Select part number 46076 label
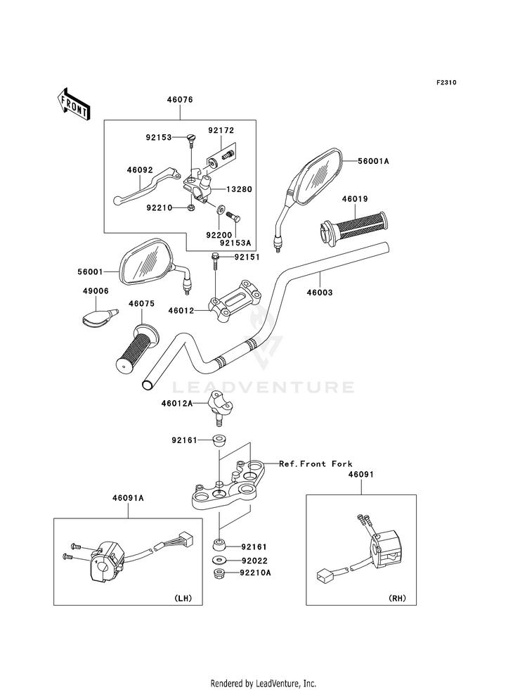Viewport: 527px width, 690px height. [x=180, y=101]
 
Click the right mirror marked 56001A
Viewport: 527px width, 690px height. [x=315, y=177]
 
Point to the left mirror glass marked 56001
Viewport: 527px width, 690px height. [x=146, y=262]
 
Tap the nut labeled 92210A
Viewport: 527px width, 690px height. [x=219, y=575]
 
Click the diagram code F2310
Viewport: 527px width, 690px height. [x=445, y=83]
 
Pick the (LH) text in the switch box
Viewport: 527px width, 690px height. [x=181, y=599]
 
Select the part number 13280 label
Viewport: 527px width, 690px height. [x=239, y=190]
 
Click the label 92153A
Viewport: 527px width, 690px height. [x=235, y=243]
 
